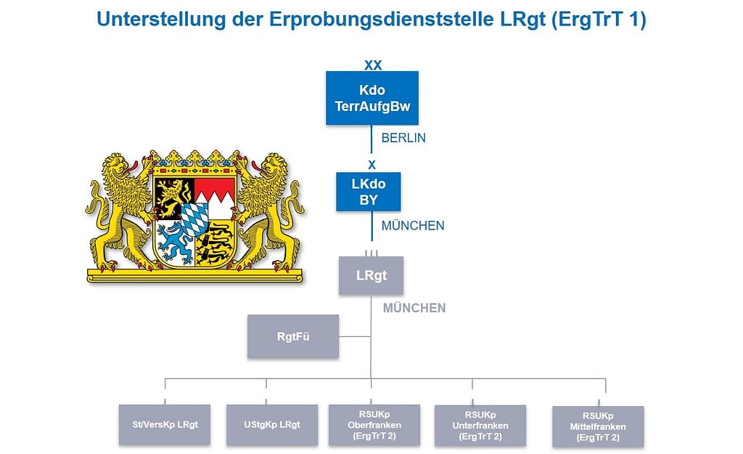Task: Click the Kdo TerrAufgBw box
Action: tap(372, 98)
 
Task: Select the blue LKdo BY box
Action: tap(369, 192)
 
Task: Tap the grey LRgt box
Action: tap(371, 275)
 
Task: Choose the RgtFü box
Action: tap(293, 336)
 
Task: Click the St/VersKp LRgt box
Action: tap(165, 425)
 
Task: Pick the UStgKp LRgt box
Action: tap(272, 425)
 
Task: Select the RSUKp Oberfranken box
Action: tap(374, 425)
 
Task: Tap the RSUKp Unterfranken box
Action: tap(480, 426)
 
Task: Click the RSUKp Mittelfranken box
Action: tap(598, 426)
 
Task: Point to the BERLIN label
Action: tap(403, 138)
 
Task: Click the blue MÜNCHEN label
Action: tap(413, 226)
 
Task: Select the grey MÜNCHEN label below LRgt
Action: tap(414, 309)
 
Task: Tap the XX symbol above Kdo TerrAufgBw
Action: tap(373, 65)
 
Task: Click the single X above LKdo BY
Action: tap(372, 165)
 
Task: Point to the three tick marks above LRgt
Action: tap(371, 254)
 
